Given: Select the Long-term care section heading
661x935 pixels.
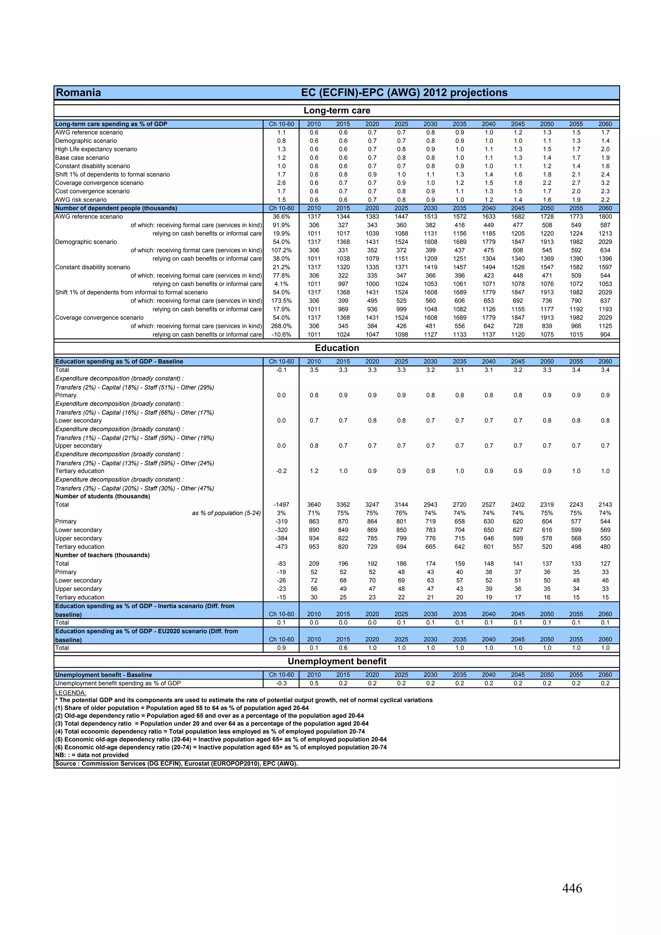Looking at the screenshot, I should [x=337, y=110].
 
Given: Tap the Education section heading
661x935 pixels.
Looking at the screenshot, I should [x=337, y=348].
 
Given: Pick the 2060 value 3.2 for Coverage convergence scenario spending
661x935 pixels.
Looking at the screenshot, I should [x=605, y=183].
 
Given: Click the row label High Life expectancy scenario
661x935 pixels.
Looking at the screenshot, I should [x=96, y=149].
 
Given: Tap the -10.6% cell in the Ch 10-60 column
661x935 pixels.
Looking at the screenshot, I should [x=281, y=334].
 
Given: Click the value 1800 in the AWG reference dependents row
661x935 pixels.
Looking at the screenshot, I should [x=605, y=217].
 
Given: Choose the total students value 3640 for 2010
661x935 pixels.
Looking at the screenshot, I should [x=314, y=504].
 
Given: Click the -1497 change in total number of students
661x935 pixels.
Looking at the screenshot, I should [x=281, y=504].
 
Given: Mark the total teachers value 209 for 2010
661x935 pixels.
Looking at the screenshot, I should [x=314, y=564].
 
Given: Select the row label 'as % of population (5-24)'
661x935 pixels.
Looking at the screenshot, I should [x=227, y=513].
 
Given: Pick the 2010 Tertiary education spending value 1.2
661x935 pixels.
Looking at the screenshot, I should [x=314, y=471].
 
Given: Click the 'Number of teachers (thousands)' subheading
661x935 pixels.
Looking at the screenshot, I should [x=102, y=555].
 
